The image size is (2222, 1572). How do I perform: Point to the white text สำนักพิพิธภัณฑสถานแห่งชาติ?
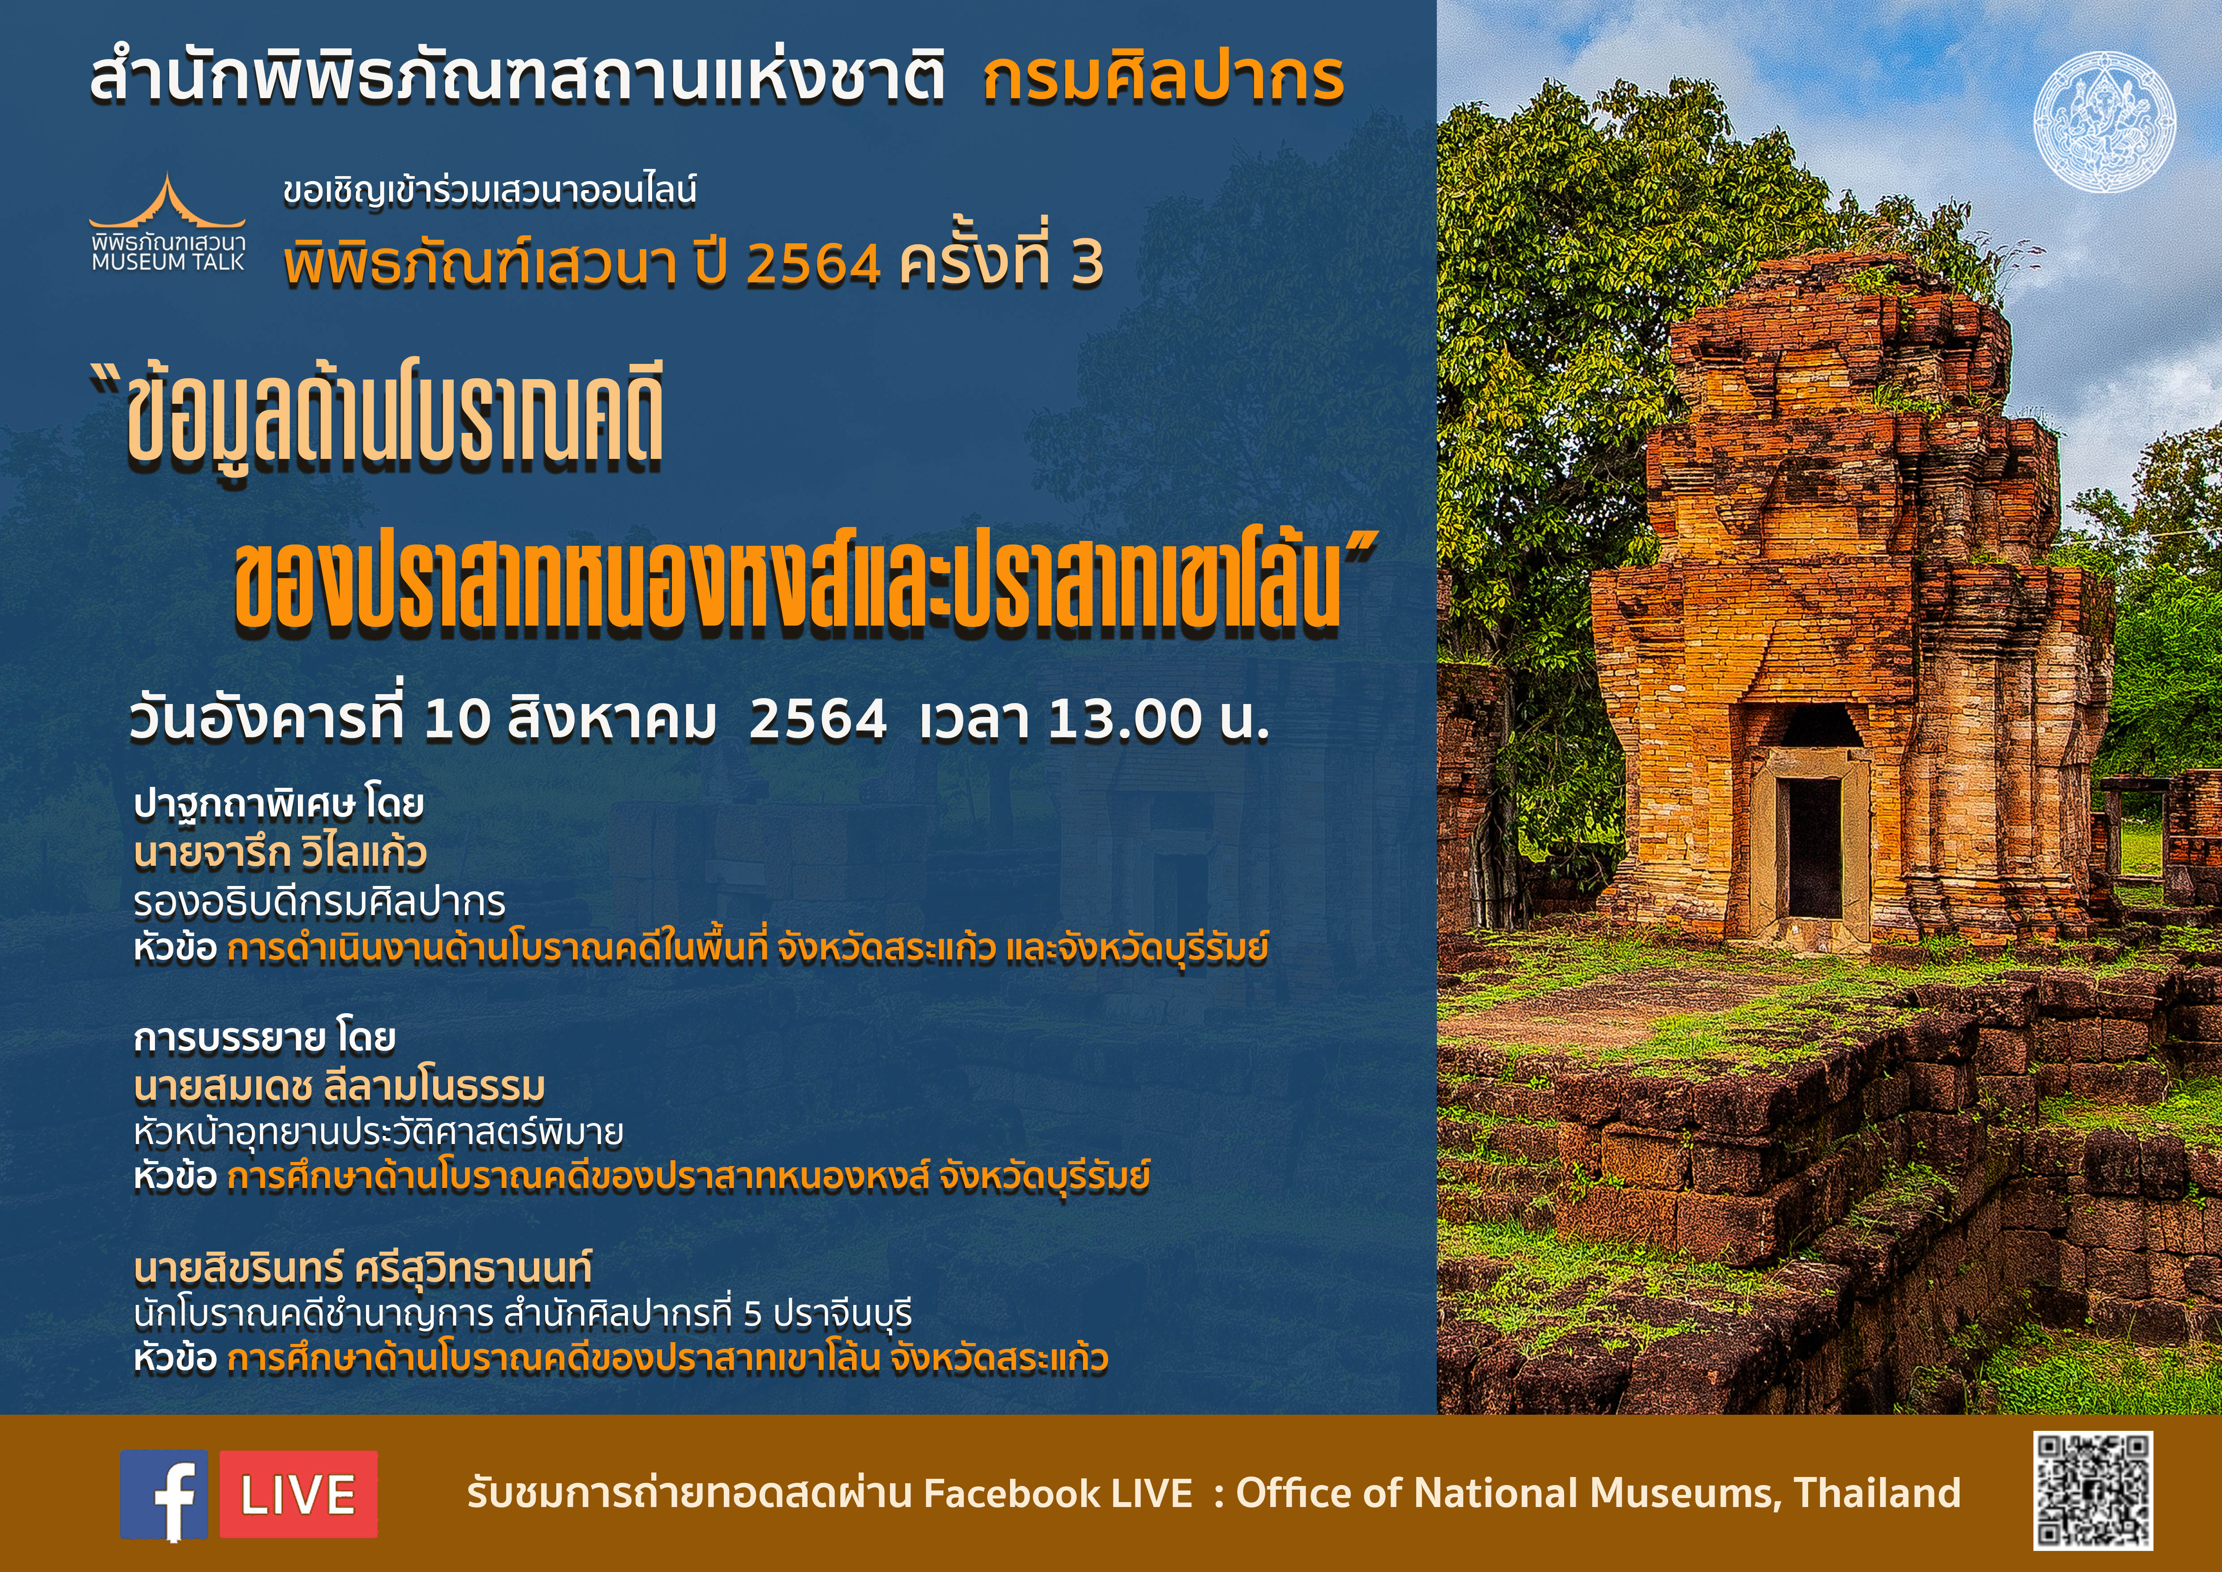click(x=518, y=78)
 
